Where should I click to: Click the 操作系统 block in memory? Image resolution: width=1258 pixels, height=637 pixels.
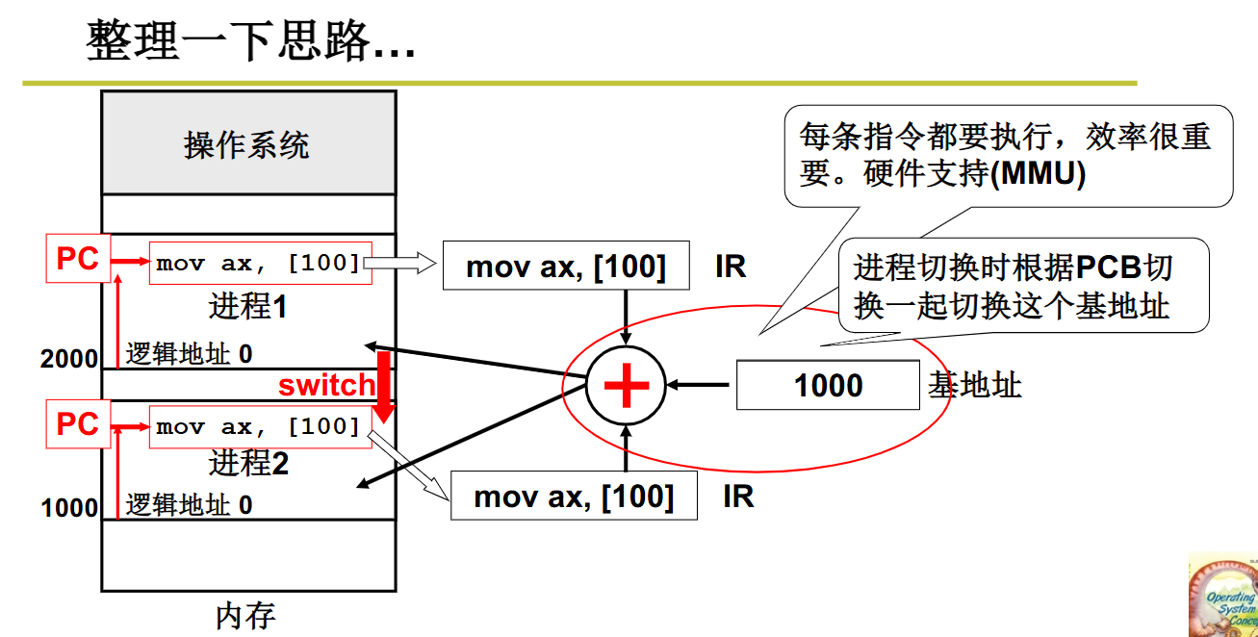[x=247, y=144]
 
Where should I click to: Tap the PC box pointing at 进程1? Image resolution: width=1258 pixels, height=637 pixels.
[x=78, y=259]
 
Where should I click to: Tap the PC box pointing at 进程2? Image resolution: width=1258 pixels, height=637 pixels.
[x=78, y=424]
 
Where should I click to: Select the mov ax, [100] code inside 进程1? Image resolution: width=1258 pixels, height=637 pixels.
[x=259, y=263]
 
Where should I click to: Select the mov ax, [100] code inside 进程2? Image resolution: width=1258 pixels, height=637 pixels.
[x=259, y=426]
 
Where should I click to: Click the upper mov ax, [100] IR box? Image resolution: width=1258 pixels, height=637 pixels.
[x=566, y=266]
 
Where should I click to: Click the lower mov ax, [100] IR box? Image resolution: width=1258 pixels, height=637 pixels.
[x=574, y=497]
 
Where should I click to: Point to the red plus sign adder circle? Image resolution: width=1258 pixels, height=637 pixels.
[x=627, y=385]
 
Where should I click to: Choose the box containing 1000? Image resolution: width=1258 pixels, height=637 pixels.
[x=828, y=386]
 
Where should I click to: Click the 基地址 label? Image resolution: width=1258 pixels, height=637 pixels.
[x=974, y=386]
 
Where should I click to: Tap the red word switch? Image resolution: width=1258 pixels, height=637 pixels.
[x=326, y=386]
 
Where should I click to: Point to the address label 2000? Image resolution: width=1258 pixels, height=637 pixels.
[x=69, y=359]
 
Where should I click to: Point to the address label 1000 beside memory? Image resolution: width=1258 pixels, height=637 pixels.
[x=69, y=507]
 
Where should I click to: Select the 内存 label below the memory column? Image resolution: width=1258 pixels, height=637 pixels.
[x=246, y=616]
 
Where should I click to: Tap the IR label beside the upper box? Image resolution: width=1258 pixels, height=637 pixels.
[x=731, y=267]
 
